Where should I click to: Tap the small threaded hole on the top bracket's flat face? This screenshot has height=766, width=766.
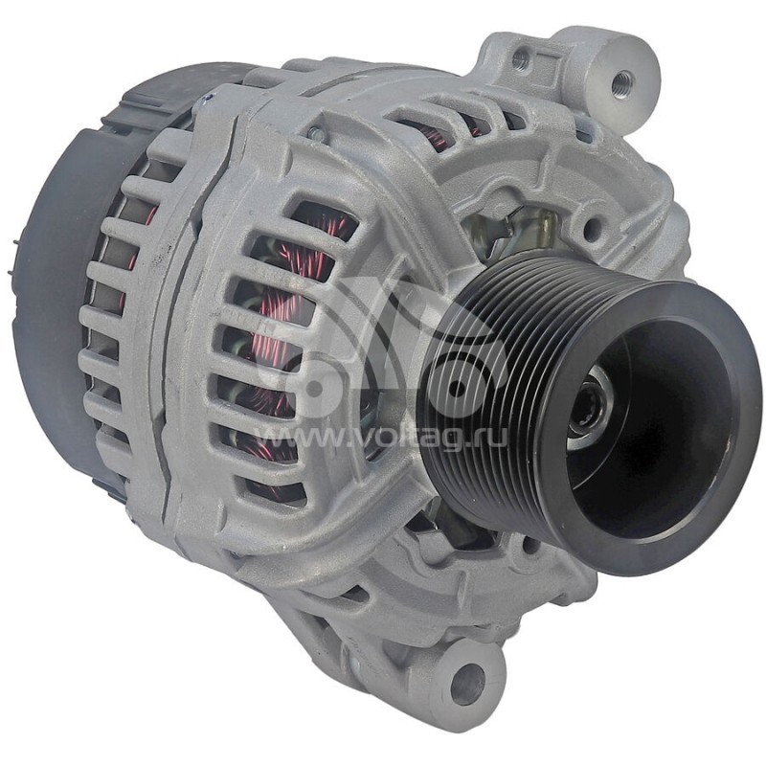pos(521,59)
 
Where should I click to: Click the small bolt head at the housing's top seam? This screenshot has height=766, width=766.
pos(315,135)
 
